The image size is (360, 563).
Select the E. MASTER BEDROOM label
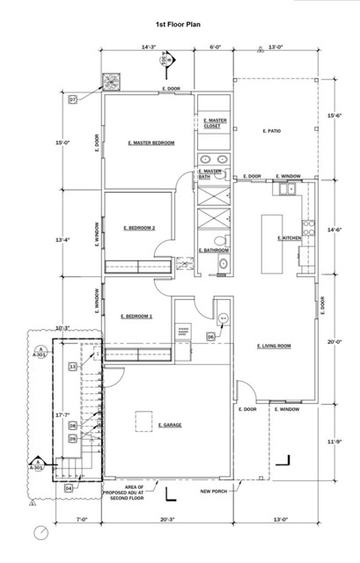[151, 143]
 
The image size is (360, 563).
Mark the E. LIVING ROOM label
[274, 346]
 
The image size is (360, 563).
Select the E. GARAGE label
[170, 425]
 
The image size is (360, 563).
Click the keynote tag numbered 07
[73, 100]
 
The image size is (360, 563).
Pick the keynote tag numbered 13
[73, 366]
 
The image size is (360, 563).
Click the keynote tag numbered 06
[211, 336]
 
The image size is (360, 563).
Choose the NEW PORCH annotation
[214, 491]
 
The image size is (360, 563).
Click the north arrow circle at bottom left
[40, 532]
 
